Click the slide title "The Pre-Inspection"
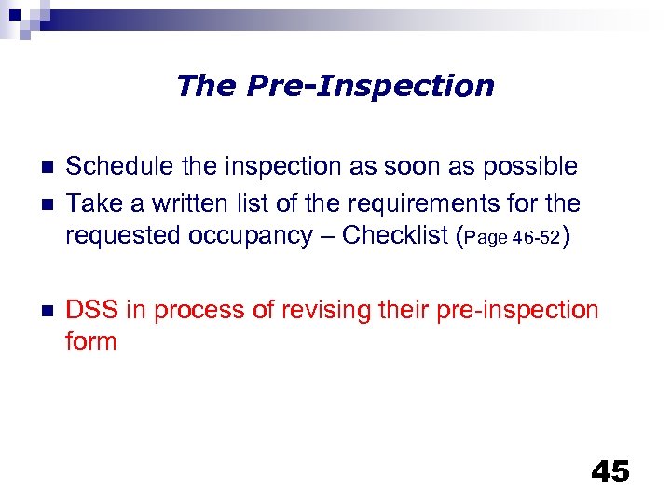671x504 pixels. pos(335,86)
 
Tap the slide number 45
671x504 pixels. pos(610,471)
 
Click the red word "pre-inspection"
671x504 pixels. pos(523,310)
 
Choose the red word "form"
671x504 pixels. pos(90,342)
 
